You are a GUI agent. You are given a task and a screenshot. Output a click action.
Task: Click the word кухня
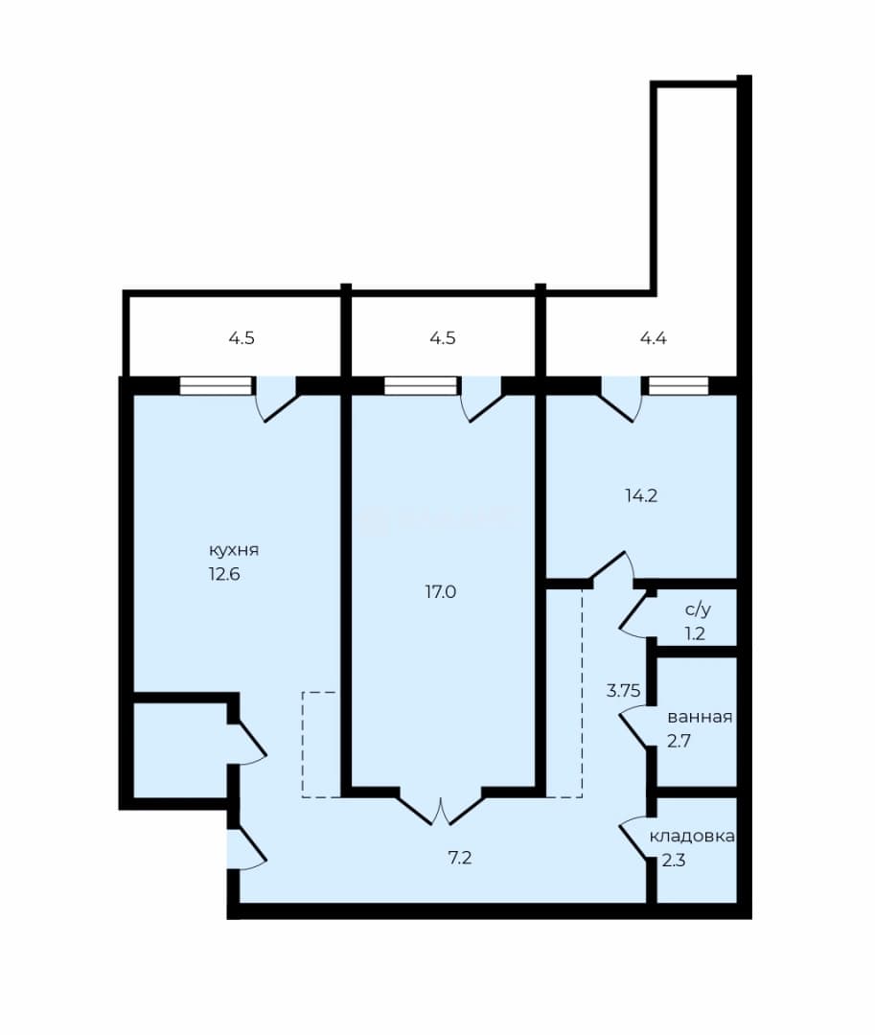click(234, 550)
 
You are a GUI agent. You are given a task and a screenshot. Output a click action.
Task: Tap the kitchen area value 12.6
click(224, 574)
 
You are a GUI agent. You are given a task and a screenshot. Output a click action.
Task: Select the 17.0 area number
click(440, 592)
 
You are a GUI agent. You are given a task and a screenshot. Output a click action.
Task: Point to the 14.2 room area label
click(641, 495)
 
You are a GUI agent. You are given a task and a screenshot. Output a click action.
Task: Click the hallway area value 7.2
click(459, 858)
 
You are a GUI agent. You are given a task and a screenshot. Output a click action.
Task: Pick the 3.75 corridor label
click(624, 691)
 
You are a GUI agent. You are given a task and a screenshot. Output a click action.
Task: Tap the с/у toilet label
click(698, 609)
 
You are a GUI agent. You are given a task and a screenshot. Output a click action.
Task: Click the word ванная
click(700, 717)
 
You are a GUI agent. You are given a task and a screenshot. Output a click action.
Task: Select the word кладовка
click(692, 837)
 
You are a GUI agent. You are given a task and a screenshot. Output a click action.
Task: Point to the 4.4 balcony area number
click(654, 338)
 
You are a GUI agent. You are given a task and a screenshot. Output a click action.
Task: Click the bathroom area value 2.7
click(679, 741)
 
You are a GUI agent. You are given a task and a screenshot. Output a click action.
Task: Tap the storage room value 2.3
click(674, 861)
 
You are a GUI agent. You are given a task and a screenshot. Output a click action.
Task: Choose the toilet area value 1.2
click(695, 633)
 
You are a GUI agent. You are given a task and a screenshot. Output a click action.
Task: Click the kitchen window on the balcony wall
click(216, 385)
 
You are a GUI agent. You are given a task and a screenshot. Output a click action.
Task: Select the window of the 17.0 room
click(421, 385)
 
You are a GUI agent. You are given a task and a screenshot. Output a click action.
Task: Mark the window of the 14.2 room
click(679, 385)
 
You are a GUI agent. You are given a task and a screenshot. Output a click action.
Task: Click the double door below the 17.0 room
click(441, 807)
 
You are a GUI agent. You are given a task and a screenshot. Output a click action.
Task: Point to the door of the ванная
click(634, 725)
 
